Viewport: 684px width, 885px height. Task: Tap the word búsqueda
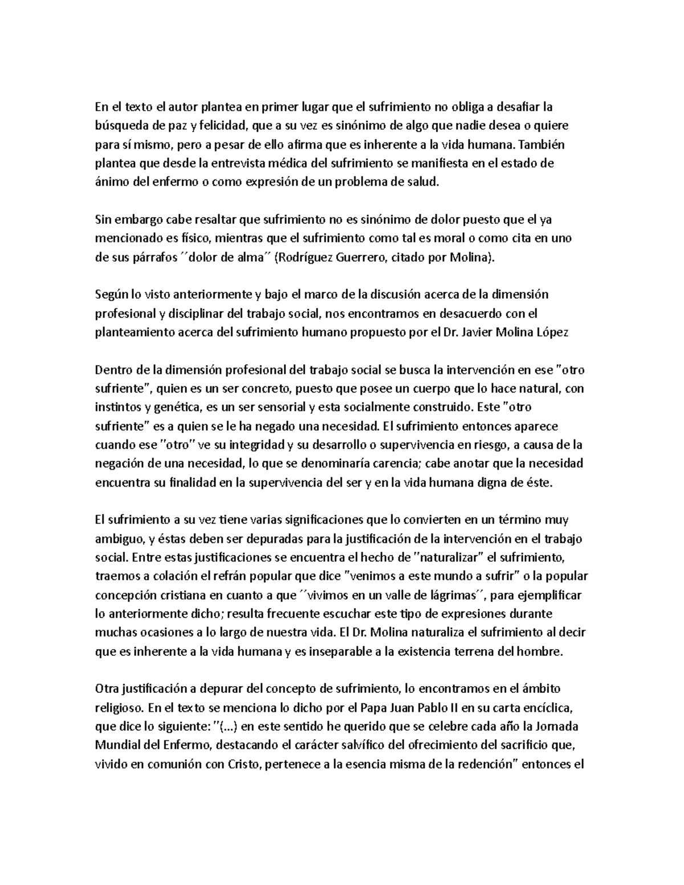[117, 125]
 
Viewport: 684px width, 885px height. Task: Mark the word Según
[109, 295]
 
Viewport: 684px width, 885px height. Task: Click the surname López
[552, 332]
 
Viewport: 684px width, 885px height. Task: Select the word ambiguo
[119, 539]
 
